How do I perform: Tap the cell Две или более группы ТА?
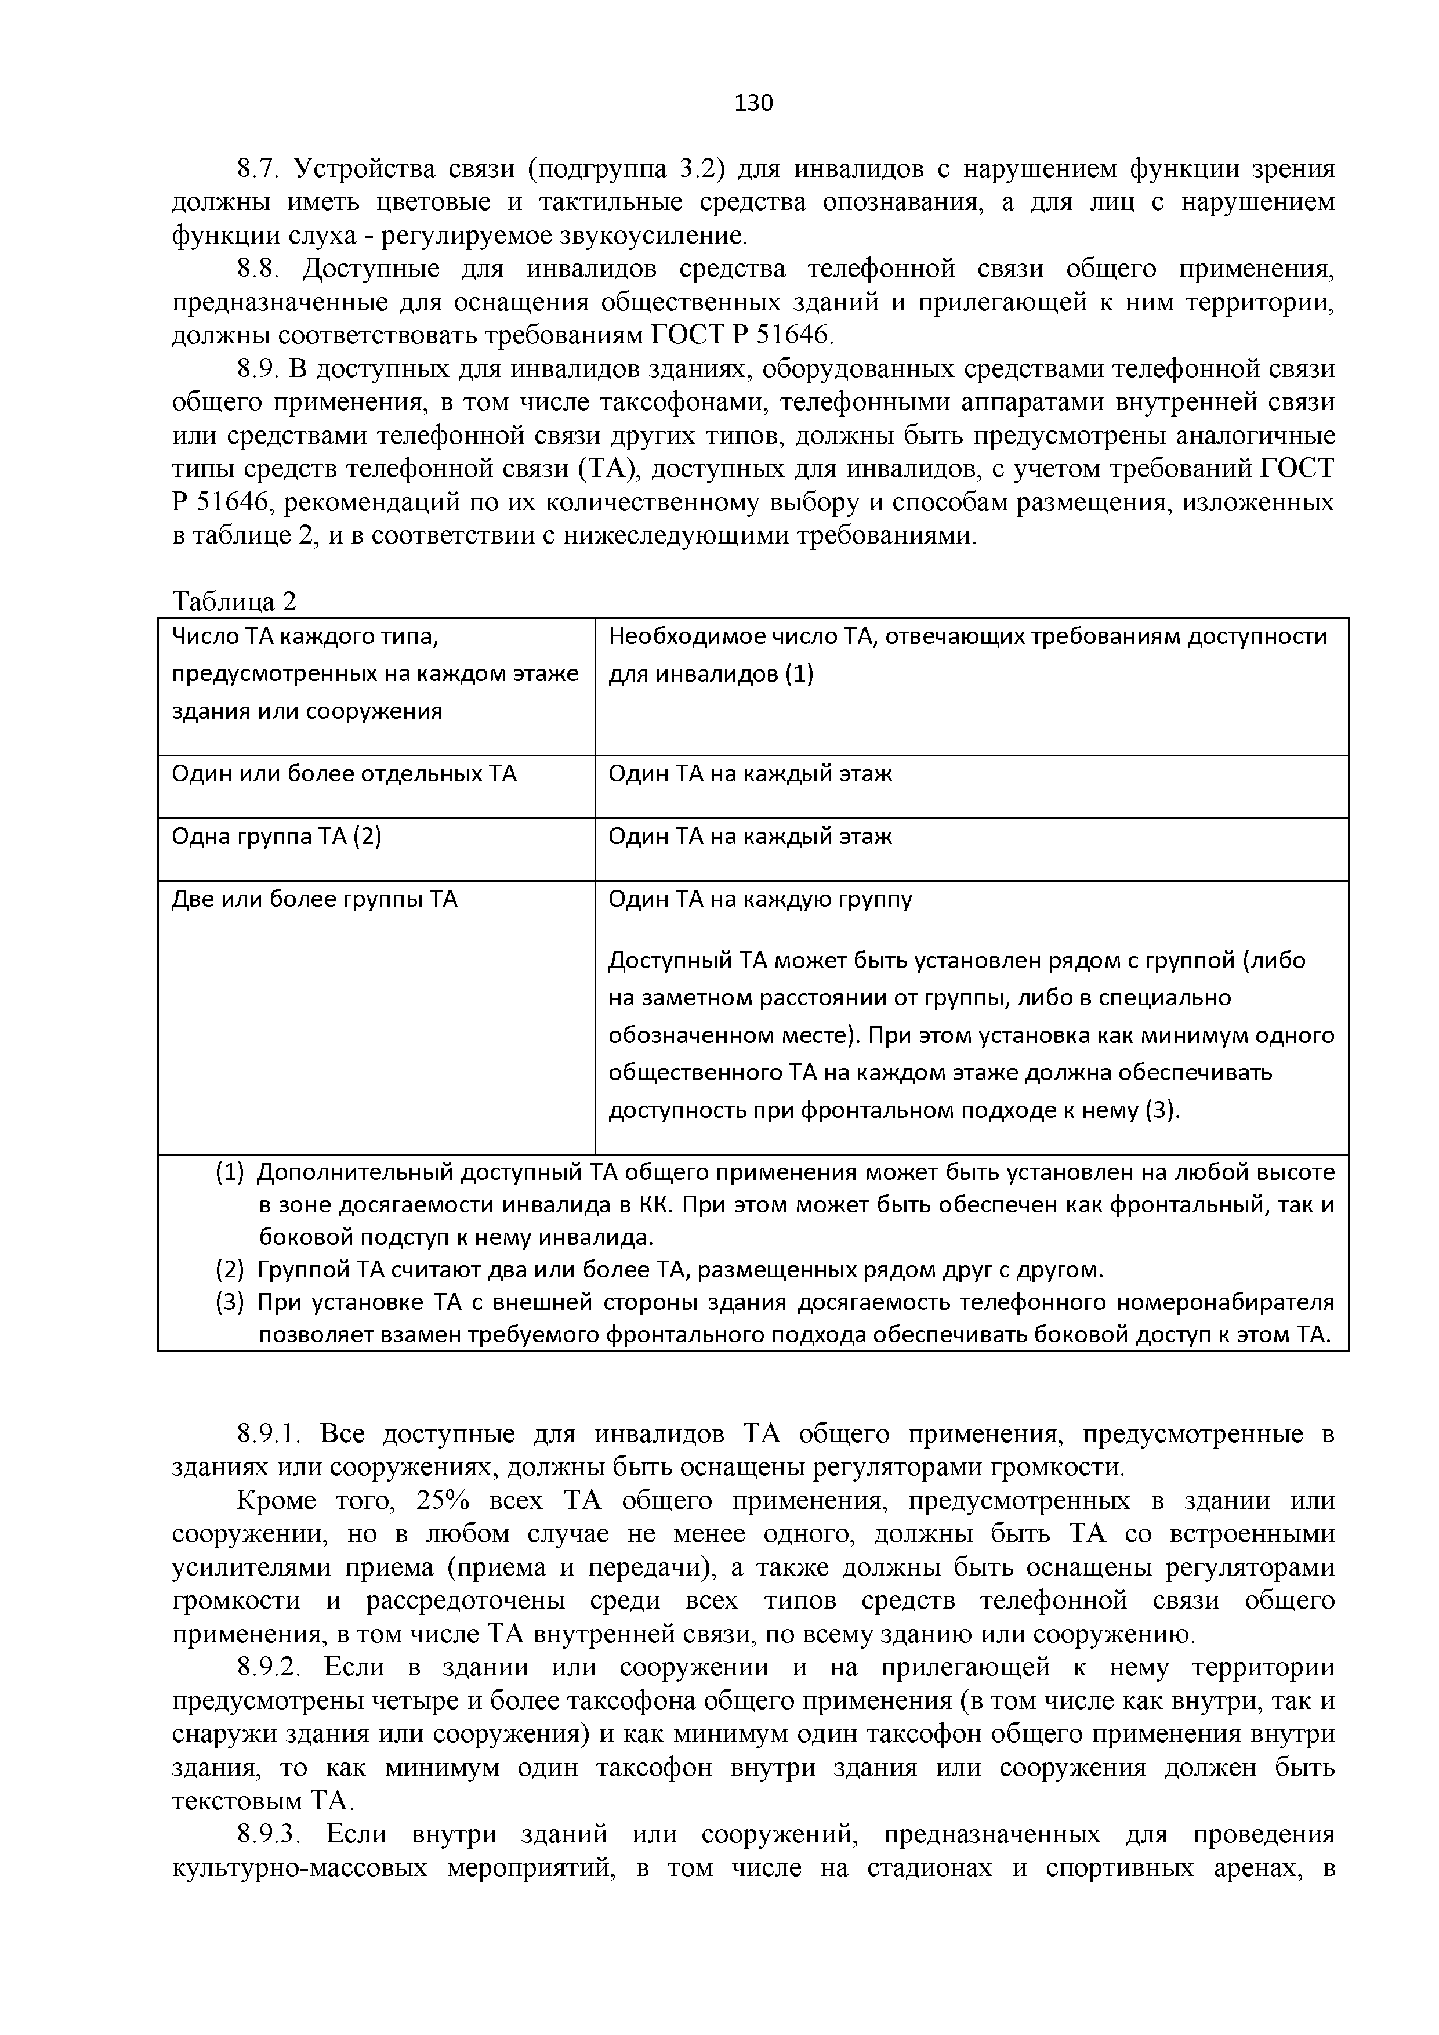click(x=314, y=900)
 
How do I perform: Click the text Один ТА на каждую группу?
click(x=759, y=900)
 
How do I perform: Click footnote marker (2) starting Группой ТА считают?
click(x=229, y=1271)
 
